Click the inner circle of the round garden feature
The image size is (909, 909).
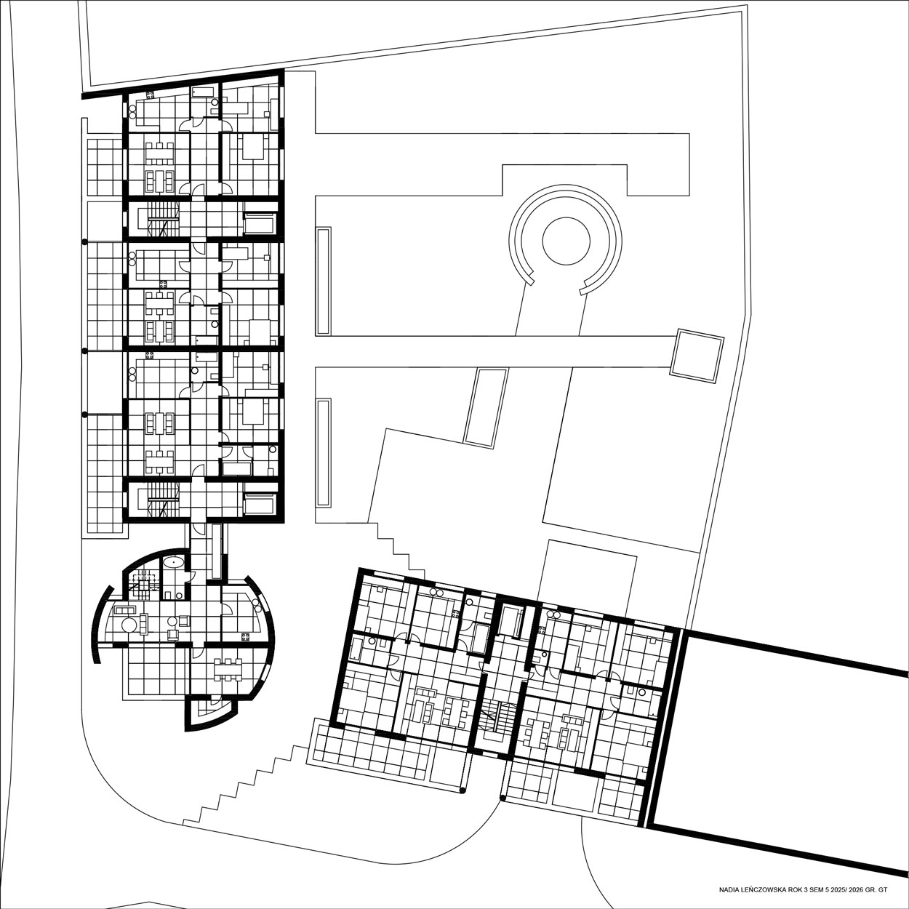566,219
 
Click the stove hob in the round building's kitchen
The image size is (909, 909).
245,636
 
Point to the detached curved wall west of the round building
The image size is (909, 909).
97,625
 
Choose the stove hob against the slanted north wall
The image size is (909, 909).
151,95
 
